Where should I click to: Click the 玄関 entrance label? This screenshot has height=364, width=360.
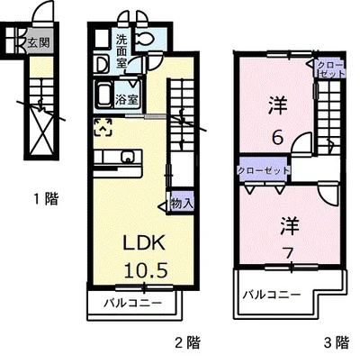pos(39,43)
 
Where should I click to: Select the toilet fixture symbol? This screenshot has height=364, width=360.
pos(145,39)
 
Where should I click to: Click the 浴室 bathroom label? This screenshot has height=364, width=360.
pos(127,100)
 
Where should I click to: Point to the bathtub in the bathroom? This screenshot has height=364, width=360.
pos(103,96)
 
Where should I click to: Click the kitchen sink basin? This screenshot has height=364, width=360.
pos(127,157)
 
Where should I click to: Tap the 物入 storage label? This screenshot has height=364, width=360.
pos(181,204)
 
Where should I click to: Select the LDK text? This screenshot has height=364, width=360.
pos(144,242)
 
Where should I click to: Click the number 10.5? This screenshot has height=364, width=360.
pos(146,270)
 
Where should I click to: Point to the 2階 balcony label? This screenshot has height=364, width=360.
pos(132,303)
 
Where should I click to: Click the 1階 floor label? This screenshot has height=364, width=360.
pos(46,198)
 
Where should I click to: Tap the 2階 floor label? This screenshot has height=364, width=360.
pos(187,342)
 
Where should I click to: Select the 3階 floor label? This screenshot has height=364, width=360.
pos(337,342)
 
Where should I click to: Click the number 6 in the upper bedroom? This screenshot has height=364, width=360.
pos(277,138)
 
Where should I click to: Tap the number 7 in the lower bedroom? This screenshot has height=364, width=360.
pos(289,254)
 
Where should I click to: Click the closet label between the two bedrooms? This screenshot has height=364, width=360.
pos(264,171)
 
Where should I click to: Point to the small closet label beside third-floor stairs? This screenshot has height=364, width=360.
pos(330,69)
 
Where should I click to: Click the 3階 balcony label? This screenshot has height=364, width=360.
pos(271,295)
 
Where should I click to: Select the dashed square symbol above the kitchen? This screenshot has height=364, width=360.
pos(103,127)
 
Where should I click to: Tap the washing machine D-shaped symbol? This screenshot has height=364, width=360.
pos(101,65)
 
